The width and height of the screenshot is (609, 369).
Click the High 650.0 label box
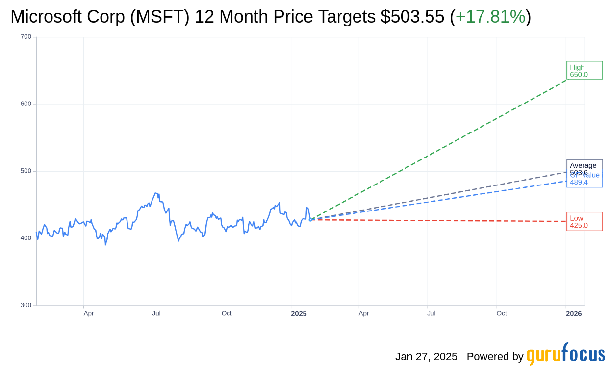pyautogui.click(x=584, y=71)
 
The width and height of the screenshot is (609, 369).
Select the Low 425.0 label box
pyautogui.click(x=584, y=222)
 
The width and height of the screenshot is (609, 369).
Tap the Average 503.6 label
pyautogui.click(x=584, y=165)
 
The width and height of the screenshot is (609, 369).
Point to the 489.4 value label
pyautogui.click(x=579, y=183)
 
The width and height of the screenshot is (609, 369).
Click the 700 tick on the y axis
pyautogui.click(x=26, y=37)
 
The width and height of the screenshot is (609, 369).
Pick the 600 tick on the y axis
pyautogui.click(x=26, y=104)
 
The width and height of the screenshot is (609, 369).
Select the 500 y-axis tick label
pyautogui.click(x=26, y=171)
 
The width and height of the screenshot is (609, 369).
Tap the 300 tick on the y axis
pyautogui.click(x=26, y=305)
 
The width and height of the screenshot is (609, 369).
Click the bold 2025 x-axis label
pyautogui.click(x=299, y=313)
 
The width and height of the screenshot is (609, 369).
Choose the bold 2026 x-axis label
pyautogui.click(x=574, y=313)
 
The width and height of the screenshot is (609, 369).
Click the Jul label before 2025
pyautogui.click(x=156, y=313)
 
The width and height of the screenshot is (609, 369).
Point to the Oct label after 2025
pyautogui.click(x=502, y=313)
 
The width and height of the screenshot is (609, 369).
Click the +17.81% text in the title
pyautogui.click(x=490, y=17)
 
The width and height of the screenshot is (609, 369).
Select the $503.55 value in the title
pyautogui.click(x=413, y=17)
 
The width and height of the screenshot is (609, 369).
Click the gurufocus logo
pyautogui.click(x=565, y=354)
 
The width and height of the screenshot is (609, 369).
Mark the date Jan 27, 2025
pyautogui.click(x=426, y=357)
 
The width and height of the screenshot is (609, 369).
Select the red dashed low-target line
pyautogui.click(x=441, y=220)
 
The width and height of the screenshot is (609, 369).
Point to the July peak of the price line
pyautogui.click(x=155, y=193)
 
